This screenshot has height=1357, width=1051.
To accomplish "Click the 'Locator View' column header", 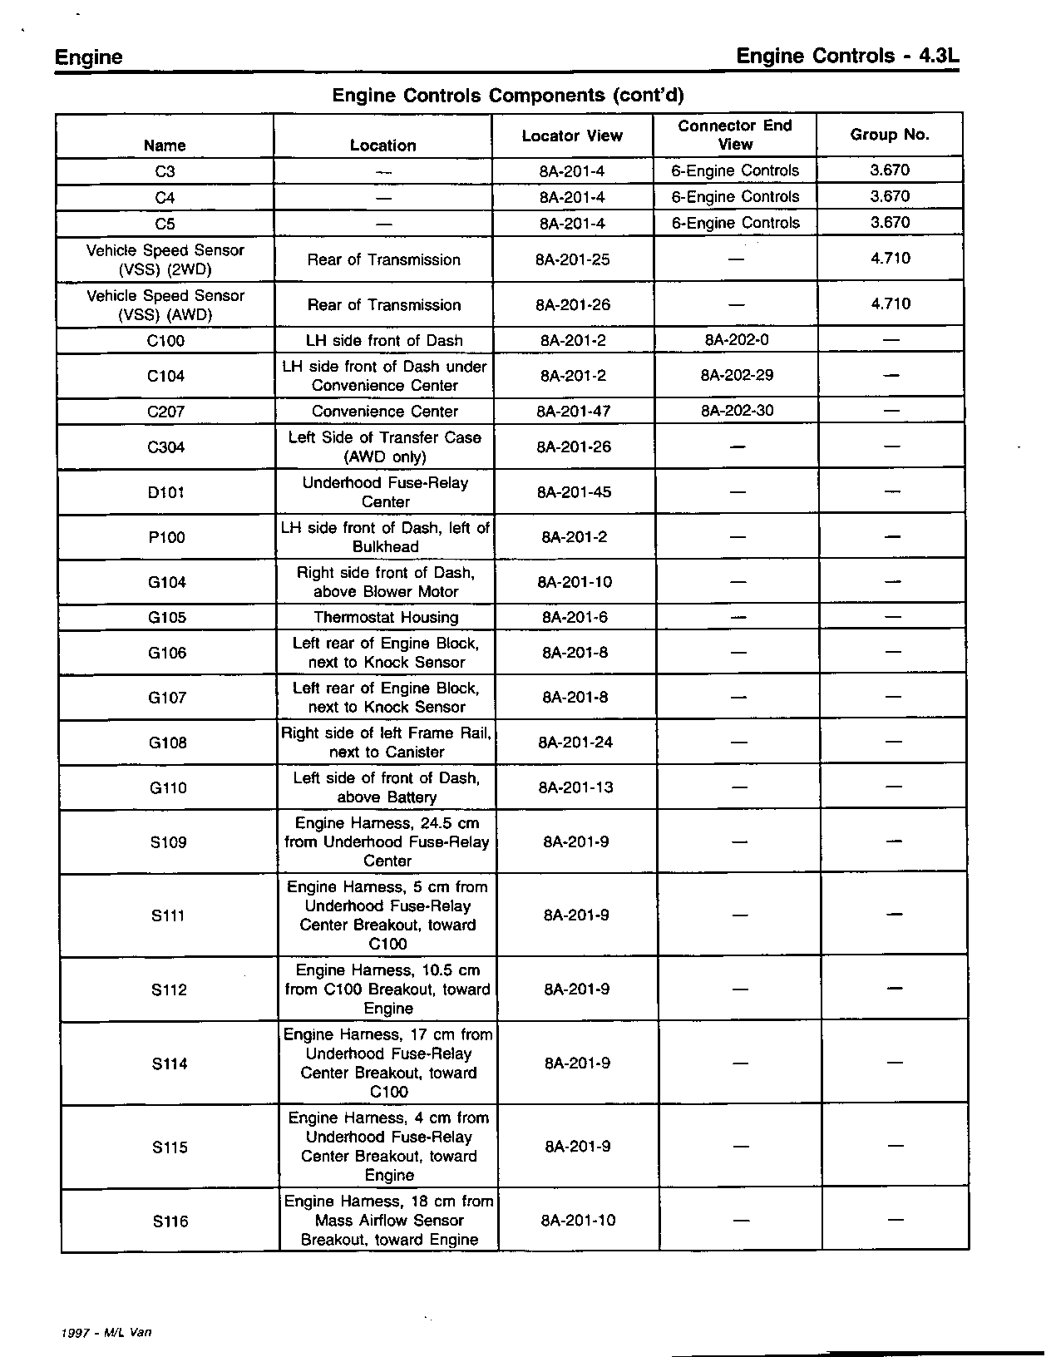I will point(572,136).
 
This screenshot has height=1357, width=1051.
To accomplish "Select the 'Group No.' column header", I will point(889,135).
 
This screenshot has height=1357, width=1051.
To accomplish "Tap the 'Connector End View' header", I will point(735,135).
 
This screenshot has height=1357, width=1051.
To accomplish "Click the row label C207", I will point(165,412).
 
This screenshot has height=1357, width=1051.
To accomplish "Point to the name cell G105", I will point(167,617).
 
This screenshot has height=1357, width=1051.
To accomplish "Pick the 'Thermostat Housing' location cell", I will point(386,617).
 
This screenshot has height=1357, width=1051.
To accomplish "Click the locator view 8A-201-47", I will point(574,411).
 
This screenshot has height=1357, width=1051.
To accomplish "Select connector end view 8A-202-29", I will point(737,375).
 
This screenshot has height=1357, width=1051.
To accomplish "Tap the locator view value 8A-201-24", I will point(575,742).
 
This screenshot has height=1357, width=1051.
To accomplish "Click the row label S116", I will point(170,1221).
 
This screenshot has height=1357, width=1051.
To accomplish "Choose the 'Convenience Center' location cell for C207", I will point(385,412).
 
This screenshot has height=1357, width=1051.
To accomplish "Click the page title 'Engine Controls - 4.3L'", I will point(848,56).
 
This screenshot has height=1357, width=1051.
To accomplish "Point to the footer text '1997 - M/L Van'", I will point(106,1331).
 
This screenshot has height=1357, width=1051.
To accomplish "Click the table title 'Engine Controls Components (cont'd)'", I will point(508,96).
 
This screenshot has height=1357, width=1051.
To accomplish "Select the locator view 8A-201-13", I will point(576,787).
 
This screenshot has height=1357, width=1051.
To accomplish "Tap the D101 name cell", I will point(166,492).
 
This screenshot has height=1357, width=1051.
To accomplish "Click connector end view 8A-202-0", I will point(737,339).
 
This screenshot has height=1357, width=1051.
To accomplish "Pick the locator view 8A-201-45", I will point(574,492).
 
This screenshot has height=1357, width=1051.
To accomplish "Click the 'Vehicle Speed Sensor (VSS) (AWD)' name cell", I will point(165,305).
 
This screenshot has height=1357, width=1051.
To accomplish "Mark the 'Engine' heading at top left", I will point(88,57).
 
